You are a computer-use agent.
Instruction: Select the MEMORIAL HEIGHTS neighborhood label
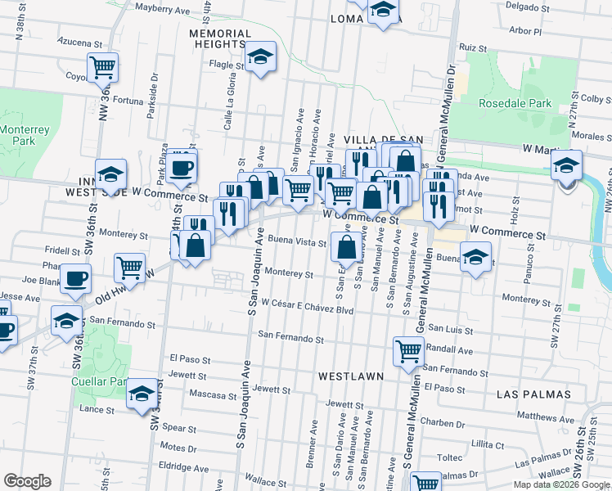click(x=217, y=38)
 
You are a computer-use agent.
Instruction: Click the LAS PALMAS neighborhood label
click(x=533, y=394)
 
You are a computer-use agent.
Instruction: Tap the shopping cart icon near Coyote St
click(x=103, y=67)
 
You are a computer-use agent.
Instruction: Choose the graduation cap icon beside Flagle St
click(x=261, y=57)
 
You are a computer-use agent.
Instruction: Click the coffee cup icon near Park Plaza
click(x=182, y=168)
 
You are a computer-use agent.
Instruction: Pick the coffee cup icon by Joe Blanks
click(x=76, y=278)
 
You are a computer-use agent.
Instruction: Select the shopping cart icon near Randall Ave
click(x=409, y=351)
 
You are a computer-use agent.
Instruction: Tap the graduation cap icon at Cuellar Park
click(x=142, y=395)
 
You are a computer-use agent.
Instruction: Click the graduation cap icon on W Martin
click(x=566, y=166)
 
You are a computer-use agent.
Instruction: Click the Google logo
click(x=28, y=481)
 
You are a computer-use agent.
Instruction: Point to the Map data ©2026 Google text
click(x=560, y=484)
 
